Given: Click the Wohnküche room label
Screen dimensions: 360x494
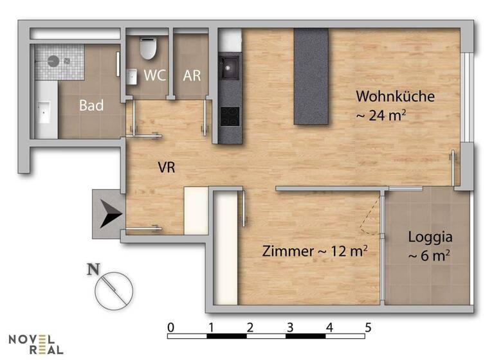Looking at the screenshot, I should [396, 96].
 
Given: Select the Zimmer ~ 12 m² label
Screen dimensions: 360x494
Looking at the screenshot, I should [315, 251].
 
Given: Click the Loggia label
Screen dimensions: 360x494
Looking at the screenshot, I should [430, 236].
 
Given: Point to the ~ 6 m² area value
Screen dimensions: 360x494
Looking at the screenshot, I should [428, 255].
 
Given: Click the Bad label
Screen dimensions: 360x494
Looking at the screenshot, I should [91, 105].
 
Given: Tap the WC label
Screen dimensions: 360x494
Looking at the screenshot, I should [154, 75].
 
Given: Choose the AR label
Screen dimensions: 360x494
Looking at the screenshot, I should [192, 75].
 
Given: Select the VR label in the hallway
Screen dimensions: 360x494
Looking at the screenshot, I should [167, 167].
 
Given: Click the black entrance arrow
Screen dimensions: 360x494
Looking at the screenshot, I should [110, 214].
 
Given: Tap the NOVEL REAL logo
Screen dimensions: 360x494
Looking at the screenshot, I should [36, 344].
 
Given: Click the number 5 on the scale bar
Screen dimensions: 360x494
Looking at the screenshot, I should [368, 327].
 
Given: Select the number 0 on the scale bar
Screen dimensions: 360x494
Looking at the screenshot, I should [170, 327].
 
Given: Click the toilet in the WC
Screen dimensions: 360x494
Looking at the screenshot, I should [148, 46].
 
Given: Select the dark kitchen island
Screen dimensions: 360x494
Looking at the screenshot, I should [311, 76].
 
